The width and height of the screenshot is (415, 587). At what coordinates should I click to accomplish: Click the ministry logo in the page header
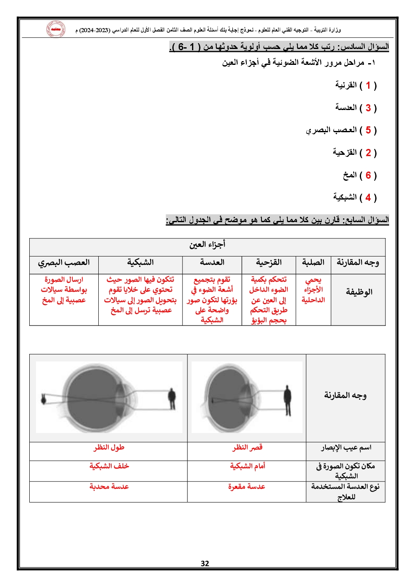(56, 29)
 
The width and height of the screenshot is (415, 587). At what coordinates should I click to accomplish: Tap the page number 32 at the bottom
(205, 564)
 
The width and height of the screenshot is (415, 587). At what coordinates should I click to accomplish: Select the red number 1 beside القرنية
(368, 85)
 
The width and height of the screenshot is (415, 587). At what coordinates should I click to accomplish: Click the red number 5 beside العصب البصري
(368, 130)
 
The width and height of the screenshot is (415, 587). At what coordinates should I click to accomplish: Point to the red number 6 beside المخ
(368, 175)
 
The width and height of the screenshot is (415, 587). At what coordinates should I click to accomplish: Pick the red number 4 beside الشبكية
(368, 197)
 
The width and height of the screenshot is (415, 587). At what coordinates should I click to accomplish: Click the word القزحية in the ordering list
(345, 152)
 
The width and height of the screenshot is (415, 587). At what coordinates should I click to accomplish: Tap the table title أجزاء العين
(207, 245)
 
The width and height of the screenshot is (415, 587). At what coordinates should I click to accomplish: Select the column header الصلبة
(313, 263)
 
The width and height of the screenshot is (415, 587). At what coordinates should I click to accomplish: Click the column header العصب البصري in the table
(64, 263)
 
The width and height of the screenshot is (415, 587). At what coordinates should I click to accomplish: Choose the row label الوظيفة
(359, 292)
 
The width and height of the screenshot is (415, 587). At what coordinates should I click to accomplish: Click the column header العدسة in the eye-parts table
(212, 263)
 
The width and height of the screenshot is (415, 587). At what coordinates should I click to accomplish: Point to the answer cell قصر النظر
(247, 448)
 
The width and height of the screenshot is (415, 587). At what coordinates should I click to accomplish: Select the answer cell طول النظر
(109, 448)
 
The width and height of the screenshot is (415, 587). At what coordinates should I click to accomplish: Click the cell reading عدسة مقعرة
(247, 487)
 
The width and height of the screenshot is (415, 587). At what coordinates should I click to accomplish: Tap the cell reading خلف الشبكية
(109, 466)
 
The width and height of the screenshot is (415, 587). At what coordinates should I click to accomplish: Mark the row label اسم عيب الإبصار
(346, 448)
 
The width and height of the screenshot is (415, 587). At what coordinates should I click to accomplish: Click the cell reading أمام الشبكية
(248, 466)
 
